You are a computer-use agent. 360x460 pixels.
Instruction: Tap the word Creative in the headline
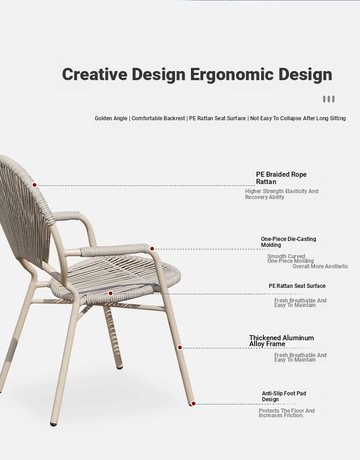(x=94, y=74)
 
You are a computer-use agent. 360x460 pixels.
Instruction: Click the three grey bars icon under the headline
(x=329, y=99)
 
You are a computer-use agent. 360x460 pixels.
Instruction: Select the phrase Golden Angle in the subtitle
(x=111, y=118)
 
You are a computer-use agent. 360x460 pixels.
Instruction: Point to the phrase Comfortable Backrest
(x=158, y=118)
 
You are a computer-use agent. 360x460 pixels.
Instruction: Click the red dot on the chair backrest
(x=34, y=185)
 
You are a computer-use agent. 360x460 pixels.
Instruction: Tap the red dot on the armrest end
(x=152, y=249)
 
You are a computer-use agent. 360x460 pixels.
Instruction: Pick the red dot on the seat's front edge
(x=111, y=293)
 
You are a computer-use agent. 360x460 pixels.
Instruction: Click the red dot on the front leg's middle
(x=180, y=348)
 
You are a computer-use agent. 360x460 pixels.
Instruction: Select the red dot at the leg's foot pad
(x=194, y=404)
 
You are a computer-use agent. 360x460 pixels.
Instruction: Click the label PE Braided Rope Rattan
(x=281, y=178)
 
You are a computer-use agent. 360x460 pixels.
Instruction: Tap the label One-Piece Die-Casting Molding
(x=288, y=242)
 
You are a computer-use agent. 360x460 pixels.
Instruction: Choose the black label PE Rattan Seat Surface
(x=297, y=286)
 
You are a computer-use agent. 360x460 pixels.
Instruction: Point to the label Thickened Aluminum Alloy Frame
(x=282, y=341)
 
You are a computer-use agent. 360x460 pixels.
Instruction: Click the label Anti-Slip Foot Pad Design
(x=284, y=396)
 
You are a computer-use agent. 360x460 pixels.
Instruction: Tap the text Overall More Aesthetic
(x=320, y=266)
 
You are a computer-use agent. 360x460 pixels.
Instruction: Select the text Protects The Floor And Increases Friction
(x=287, y=413)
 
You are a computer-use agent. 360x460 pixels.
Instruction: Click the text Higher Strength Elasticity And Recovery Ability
(x=282, y=194)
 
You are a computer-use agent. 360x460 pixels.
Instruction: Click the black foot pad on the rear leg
(x=119, y=367)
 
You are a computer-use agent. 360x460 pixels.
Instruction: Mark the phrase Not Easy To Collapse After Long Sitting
(x=298, y=118)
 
